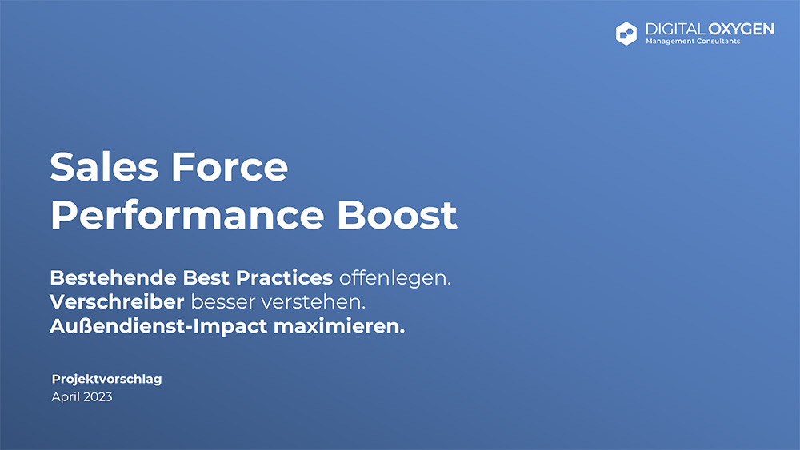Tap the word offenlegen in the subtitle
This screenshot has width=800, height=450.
pyautogui.click(x=395, y=278)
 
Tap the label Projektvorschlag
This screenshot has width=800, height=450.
pyautogui.click(x=106, y=379)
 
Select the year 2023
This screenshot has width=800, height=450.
pyautogui.click(x=98, y=396)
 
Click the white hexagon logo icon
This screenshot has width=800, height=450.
pyautogui.click(x=626, y=33)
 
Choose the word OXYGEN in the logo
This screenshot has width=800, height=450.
pyautogui.click(x=742, y=29)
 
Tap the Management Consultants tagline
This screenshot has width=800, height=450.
pyautogui.click(x=693, y=42)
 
